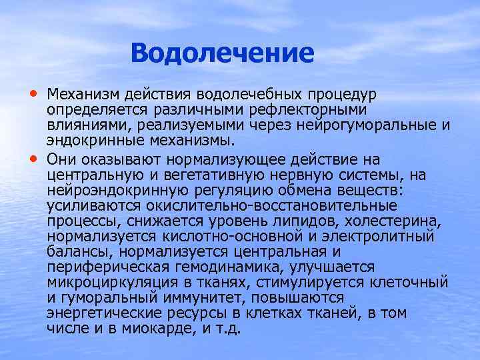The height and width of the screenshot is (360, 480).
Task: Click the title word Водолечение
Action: [222, 53]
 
